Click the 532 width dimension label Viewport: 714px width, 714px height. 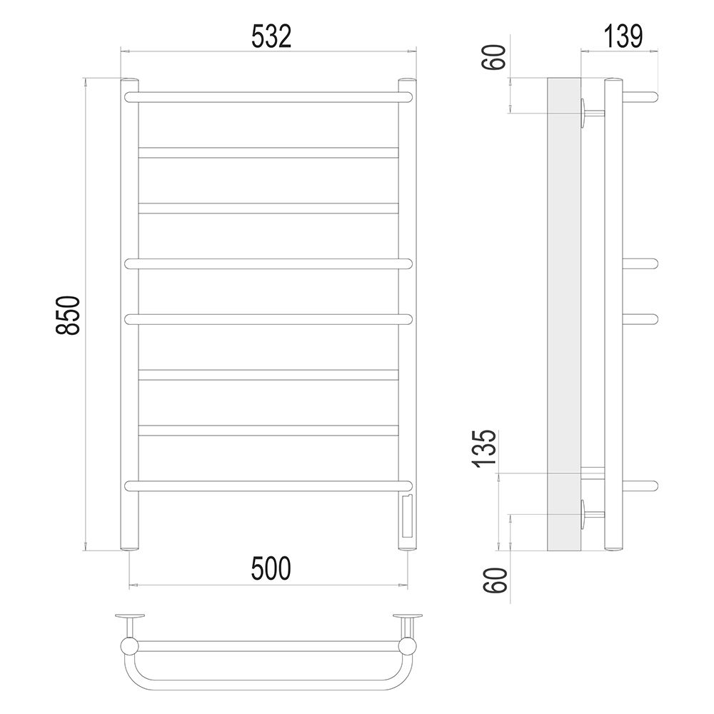tap(271, 36)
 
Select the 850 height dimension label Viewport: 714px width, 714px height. tap(68, 315)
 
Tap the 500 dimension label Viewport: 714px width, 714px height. tap(271, 569)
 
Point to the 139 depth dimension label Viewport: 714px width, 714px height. tap(623, 36)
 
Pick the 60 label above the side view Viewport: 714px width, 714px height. tap(494, 57)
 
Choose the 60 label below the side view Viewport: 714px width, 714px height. tap(495, 580)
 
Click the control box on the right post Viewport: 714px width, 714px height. tap(407, 516)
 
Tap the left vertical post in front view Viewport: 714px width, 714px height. tap(129, 315)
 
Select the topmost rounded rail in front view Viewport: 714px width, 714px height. tap(268, 97)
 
